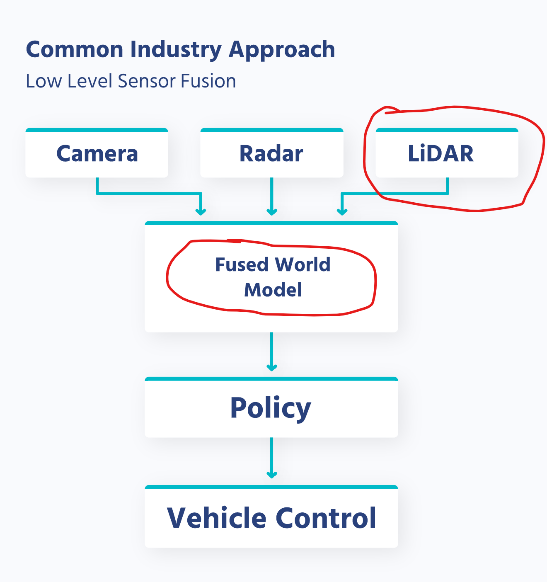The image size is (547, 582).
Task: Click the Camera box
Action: [97, 153]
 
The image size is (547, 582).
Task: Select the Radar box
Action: [271, 153]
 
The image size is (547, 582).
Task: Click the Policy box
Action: [271, 408]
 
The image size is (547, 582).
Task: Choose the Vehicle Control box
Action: [271, 518]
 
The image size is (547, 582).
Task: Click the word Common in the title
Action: [75, 50]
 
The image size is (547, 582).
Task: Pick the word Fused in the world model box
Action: [242, 264]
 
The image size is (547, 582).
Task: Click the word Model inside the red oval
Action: [273, 290]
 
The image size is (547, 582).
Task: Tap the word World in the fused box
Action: [303, 264]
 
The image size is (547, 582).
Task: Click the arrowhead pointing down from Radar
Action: [271, 211]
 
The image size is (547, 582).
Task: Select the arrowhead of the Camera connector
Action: [201, 211]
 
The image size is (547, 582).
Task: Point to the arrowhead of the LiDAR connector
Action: [342, 211]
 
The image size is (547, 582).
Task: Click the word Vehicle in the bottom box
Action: [216, 518]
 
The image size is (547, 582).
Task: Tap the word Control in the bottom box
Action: [326, 518]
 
